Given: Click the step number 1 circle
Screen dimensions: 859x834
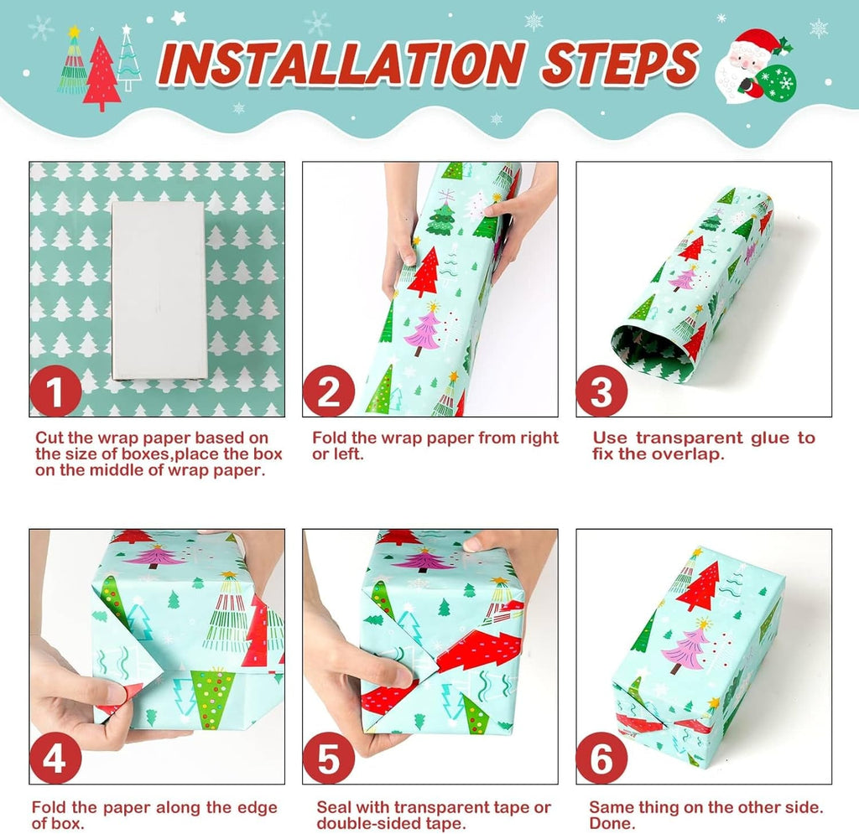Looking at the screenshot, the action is [x=55, y=391].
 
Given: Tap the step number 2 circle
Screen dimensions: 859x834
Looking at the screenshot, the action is [x=329, y=391].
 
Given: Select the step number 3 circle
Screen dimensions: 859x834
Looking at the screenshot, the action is [x=601, y=391].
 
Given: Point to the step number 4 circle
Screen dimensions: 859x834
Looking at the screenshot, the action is [x=55, y=758].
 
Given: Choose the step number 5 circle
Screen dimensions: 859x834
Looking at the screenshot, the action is [x=329, y=758].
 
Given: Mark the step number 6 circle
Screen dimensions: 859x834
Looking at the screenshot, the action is [x=601, y=758].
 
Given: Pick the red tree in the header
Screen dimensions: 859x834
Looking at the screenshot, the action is [x=102, y=73].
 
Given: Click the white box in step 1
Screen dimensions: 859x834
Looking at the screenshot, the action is [x=159, y=290].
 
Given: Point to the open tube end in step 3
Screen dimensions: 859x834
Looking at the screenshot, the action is [x=652, y=350].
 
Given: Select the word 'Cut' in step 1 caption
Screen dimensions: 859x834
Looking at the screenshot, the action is [x=49, y=438].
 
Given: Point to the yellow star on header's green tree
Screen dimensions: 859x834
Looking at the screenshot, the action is [x=74, y=31].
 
